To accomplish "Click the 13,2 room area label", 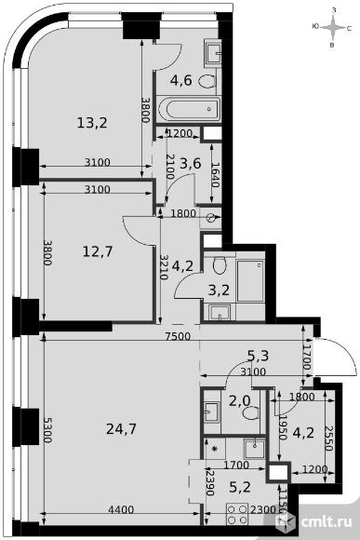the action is [x=92, y=123].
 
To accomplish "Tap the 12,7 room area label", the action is [x=98, y=251].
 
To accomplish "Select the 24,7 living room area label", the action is [x=122, y=429].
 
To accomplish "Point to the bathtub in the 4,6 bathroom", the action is [x=189, y=109].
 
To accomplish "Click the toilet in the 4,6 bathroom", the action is [x=207, y=81].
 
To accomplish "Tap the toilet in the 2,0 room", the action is [x=250, y=412].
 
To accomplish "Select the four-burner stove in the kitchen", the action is [x=237, y=514].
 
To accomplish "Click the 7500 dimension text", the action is [x=178, y=336].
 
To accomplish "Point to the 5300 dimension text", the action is [x=48, y=430].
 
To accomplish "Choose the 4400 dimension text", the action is [x=121, y=509].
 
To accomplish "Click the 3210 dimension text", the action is [x=165, y=267].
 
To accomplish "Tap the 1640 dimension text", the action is [x=216, y=175].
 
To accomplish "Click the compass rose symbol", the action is [x=332, y=28].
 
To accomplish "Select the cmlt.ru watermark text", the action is [x=327, y=521].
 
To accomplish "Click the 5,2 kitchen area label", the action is [x=240, y=487].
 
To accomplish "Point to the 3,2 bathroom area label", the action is [x=219, y=290].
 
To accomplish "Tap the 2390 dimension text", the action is [x=210, y=483].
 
